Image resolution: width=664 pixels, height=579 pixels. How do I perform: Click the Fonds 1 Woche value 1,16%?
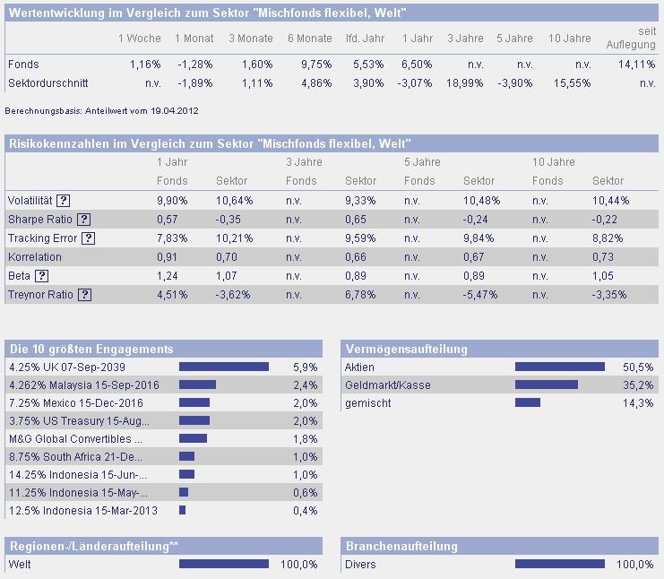pos(146,65)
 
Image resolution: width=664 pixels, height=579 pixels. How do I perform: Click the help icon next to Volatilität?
pos(64,201)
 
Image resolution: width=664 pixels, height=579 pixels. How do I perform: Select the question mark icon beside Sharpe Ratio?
pos(83,220)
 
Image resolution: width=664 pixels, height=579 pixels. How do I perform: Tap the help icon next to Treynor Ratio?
pos(84,294)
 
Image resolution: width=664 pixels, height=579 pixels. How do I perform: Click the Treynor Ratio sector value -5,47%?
pos(479,294)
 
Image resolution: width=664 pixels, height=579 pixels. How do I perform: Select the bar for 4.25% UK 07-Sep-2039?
pos(224,367)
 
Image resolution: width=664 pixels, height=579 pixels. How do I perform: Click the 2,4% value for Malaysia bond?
pos(306,385)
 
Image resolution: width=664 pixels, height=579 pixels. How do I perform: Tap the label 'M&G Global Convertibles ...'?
pos(75,438)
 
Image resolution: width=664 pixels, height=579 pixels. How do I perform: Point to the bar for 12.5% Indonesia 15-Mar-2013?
pos(182,510)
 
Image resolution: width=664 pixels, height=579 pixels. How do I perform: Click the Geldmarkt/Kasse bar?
pos(547,385)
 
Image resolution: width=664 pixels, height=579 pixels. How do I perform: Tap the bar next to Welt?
pos(224,564)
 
